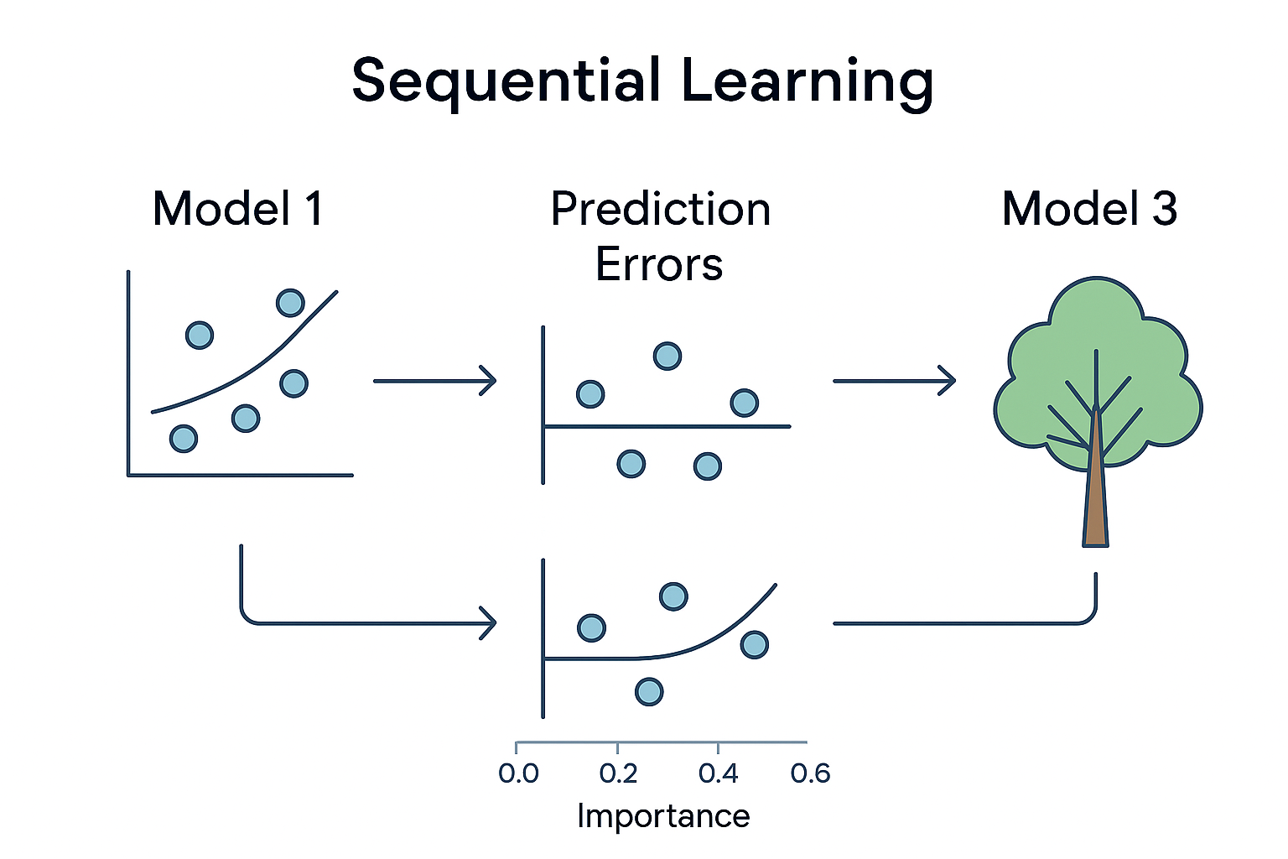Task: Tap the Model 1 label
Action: [x=238, y=209]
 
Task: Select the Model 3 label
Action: [x=1089, y=209]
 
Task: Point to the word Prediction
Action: [x=660, y=210]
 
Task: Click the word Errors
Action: [x=659, y=265]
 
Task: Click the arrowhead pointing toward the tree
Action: [x=948, y=381]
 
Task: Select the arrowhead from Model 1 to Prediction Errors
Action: [x=488, y=381]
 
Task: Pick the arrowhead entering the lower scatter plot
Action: [x=488, y=623]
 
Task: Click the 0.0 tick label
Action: [x=518, y=773]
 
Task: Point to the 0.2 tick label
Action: [x=619, y=773]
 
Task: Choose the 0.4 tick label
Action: [x=719, y=773]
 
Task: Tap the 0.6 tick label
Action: [x=810, y=773]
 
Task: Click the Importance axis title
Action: [x=663, y=816]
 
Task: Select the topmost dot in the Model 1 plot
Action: [x=290, y=302]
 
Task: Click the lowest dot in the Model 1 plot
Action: [x=184, y=438]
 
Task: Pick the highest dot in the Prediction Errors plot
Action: [x=667, y=357]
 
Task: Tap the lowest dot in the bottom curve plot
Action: [x=649, y=691]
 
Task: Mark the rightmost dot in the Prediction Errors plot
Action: [x=744, y=403]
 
